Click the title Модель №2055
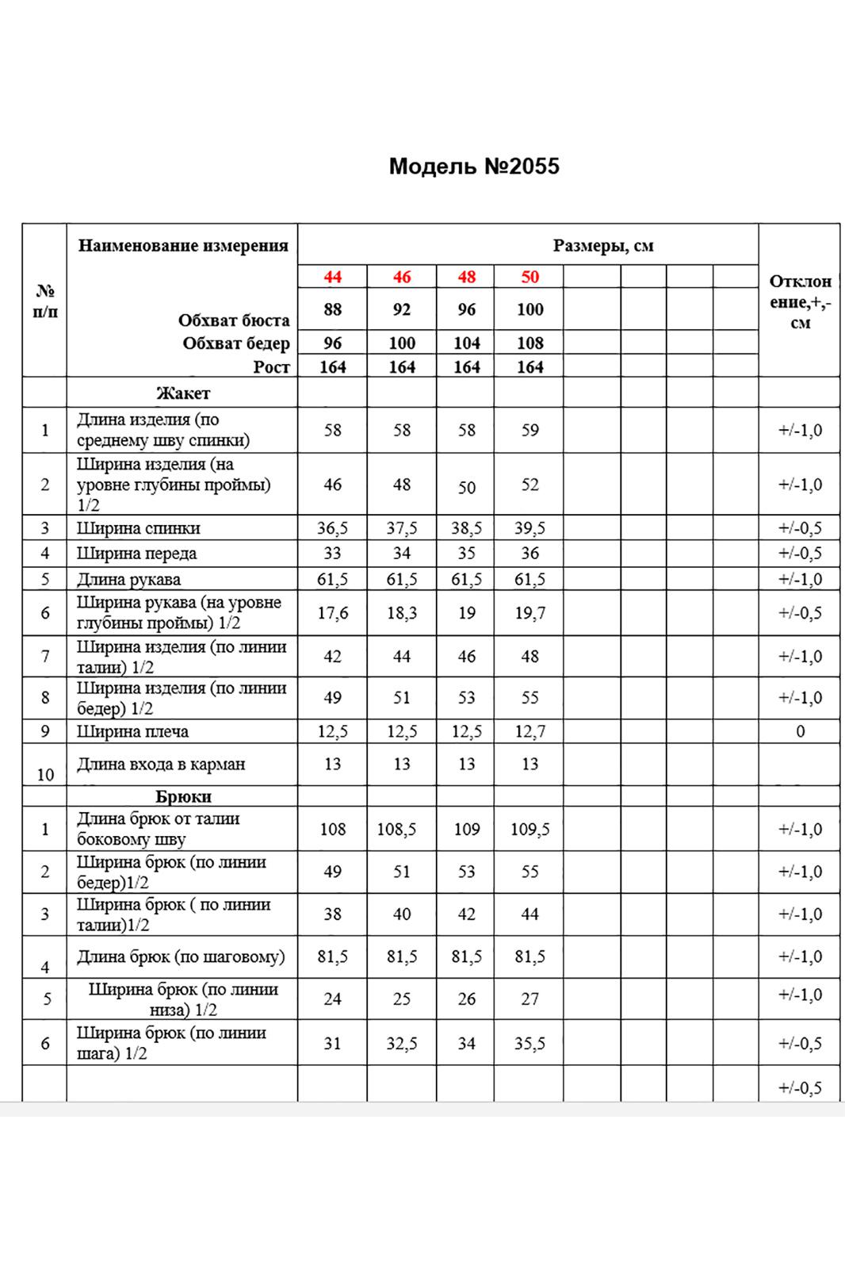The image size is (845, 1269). coord(474,167)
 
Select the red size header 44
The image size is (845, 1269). coord(332,277)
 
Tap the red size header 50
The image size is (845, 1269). coord(530,277)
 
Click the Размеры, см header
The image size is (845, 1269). coord(603,246)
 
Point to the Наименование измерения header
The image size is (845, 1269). coord(183,245)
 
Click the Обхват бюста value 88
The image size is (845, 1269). coord(332,309)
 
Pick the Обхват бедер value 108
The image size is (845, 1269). coord(530,343)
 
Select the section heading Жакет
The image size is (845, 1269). coord(183,393)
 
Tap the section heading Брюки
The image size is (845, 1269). coord(183,796)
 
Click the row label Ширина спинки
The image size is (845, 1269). coord(139,528)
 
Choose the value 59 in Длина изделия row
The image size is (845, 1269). coord(530,431)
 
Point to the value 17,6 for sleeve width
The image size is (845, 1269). coord(332,613)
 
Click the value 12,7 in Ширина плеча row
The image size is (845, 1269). coord(530,731)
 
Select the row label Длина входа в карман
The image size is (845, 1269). coord(161,765)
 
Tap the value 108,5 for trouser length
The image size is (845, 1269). coord(402,830)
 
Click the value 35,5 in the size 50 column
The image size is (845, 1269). coord(530,1044)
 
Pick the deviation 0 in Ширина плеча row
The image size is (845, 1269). coord(800,731)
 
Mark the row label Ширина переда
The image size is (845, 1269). coord(136,554)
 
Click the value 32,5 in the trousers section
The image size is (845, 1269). coord(402,1044)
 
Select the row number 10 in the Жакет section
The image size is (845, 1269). coord(45,774)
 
